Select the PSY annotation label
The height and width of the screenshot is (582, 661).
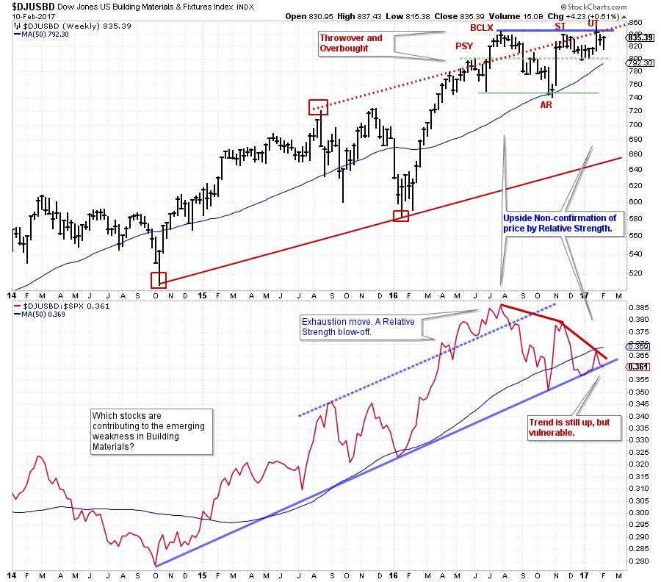[x=464, y=46]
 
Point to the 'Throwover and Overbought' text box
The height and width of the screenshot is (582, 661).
[x=351, y=43]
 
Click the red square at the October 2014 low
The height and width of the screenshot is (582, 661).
[x=159, y=280]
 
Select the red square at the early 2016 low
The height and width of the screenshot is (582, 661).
[x=401, y=215]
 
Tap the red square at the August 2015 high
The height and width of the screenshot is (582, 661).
[x=318, y=107]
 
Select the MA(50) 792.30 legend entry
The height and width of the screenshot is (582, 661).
[x=46, y=33]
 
